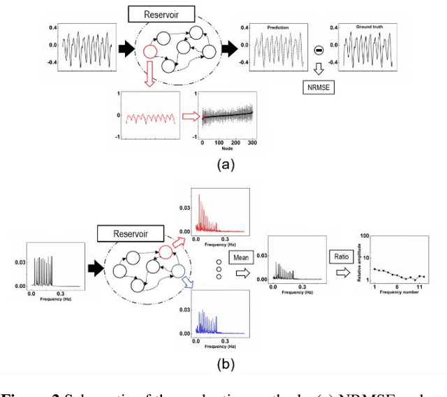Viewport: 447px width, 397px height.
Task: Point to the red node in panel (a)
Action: pyautogui.click(x=148, y=52)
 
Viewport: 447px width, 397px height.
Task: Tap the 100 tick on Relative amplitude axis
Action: pyautogui.click(x=367, y=237)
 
